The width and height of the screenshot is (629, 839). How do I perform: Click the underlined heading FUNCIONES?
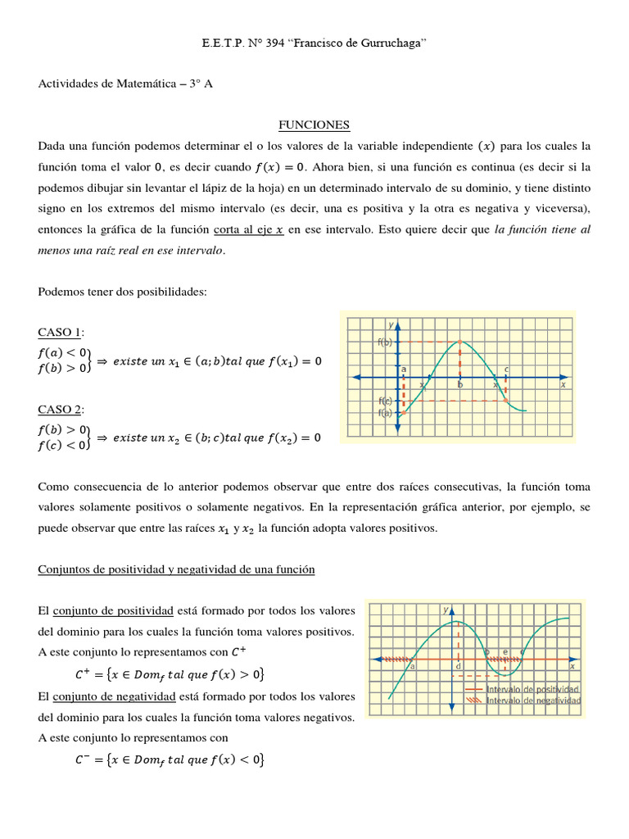[x=314, y=125]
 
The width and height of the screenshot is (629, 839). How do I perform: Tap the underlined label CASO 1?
[x=61, y=332]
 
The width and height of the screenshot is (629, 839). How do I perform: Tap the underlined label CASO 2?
[x=61, y=409]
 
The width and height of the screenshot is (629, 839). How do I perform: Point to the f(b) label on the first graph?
[x=385, y=342]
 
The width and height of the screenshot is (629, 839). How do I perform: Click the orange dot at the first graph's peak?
[x=459, y=342]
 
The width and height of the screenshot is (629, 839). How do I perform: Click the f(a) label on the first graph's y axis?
[x=385, y=413]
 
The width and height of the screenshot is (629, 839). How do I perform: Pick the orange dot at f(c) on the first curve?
[x=507, y=401]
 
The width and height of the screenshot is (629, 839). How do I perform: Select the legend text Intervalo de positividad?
[x=533, y=690]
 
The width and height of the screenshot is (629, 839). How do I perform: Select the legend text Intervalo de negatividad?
[x=533, y=701]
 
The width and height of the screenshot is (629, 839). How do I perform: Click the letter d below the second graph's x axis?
[x=459, y=667]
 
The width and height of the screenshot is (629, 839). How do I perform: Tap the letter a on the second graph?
[x=412, y=667]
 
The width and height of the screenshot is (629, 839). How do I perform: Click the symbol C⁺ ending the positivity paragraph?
[x=238, y=652]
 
